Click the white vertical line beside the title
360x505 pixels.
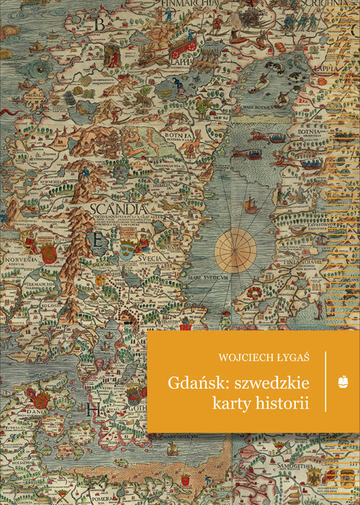point(326,381)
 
